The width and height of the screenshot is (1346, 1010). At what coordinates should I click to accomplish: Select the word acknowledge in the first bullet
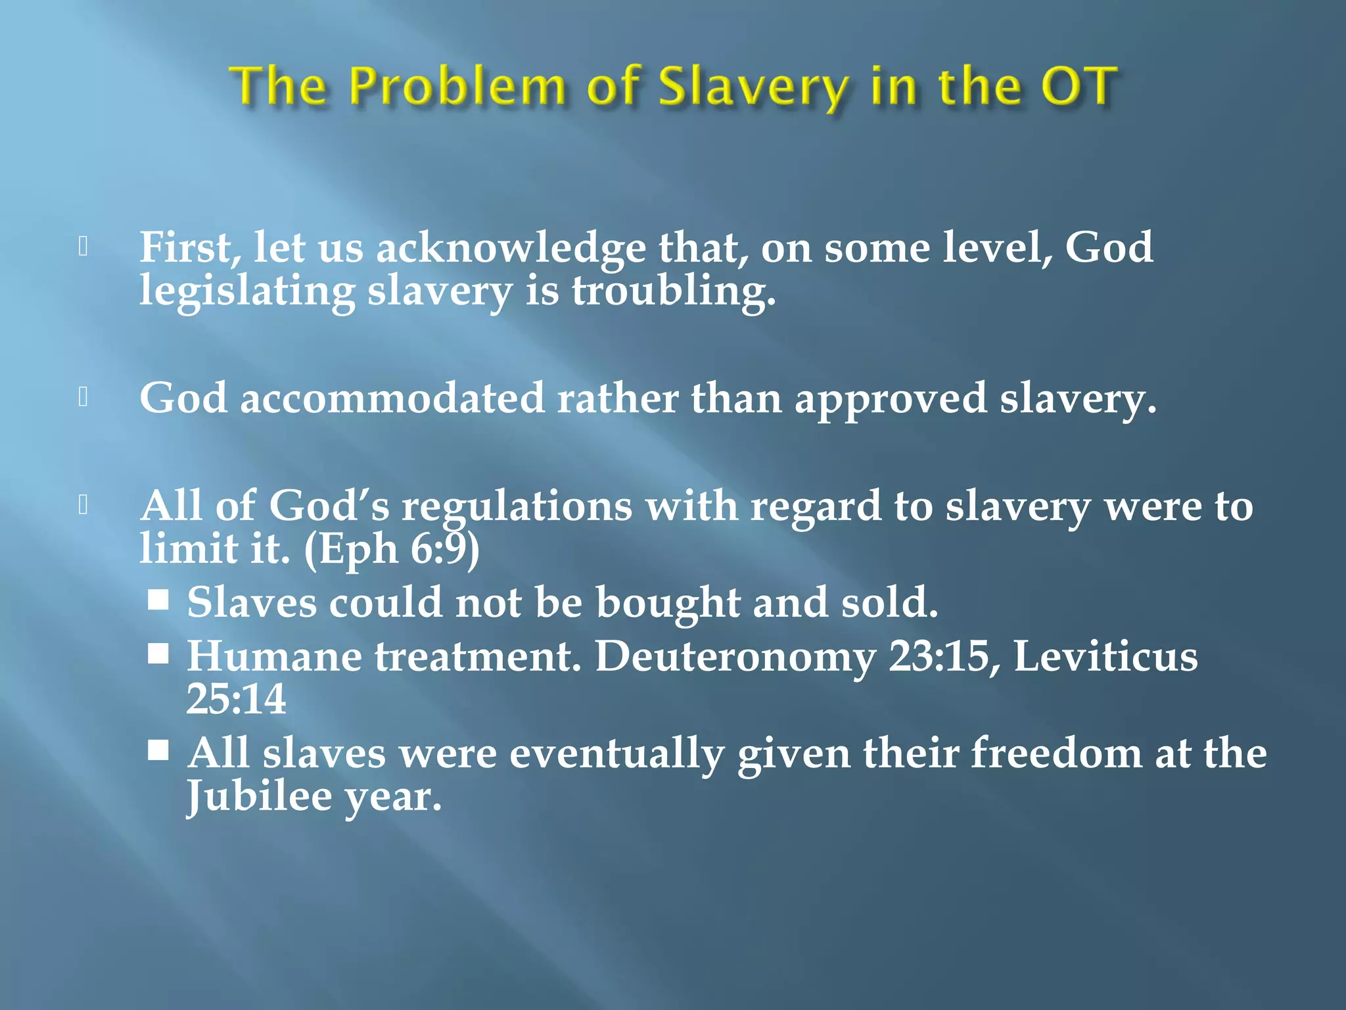tap(511, 249)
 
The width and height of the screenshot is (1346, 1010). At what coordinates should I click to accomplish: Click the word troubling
tap(674, 291)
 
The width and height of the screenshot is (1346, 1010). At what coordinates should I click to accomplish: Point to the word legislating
tap(247, 291)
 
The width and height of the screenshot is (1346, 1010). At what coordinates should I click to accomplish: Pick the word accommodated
tap(392, 398)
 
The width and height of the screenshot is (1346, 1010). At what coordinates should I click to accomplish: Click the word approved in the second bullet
tap(891, 398)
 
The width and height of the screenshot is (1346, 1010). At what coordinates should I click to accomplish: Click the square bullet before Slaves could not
tap(158, 600)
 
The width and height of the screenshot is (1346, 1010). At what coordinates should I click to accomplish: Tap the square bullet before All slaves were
tap(158, 750)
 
